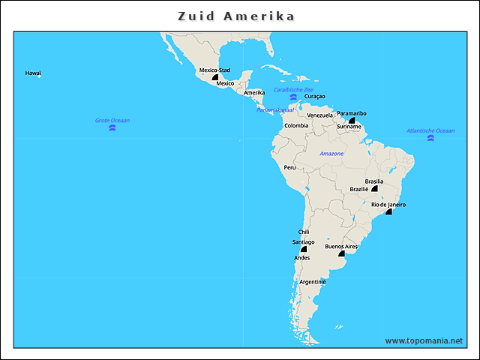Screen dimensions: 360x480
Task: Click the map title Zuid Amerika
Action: pos(236,16)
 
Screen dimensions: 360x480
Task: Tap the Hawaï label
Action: pos(33,73)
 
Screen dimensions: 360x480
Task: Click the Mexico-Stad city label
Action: pos(214,70)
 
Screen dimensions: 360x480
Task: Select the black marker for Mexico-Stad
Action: pos(215,77)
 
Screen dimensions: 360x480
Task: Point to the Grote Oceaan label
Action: pos(112,120)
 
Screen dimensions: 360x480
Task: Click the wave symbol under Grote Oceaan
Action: pos(112,128)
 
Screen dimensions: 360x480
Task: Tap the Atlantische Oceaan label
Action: pos(430,130)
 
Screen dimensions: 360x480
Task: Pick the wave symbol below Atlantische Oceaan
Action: pos(430,139)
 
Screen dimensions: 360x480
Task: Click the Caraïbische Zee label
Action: pos(293,89)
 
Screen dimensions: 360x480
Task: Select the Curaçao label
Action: pos(315,97)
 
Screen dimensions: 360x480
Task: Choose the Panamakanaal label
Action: pos(276,109)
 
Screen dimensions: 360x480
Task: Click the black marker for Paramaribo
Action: pos(351,120)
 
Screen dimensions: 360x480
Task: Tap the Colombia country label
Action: pos(296,125)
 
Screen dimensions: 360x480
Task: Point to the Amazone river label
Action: pos(331,154)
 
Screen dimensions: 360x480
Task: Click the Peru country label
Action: pos(289,167)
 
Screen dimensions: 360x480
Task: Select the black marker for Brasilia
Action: pos(374,189)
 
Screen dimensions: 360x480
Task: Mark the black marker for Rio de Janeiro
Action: pos(388,212)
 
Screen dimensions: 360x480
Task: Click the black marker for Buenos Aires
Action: pos(340,253)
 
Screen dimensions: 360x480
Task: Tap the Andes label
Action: pos(302,258)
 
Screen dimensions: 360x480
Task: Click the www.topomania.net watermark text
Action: pos(424,340)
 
